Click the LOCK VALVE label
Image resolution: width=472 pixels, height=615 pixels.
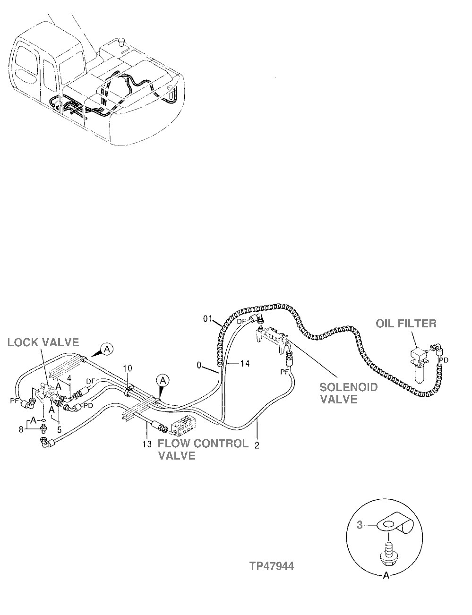coord(43,342)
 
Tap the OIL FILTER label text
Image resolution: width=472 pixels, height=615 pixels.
coord(406,324)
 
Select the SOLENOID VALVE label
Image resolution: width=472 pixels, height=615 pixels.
coord(349,393)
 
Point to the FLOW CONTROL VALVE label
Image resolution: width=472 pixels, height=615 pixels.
coord(202,449)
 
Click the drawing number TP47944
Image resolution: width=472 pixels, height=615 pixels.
coord(272,566)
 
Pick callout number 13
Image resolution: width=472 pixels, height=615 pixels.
coord(146,444)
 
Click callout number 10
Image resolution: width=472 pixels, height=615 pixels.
coord(128,367)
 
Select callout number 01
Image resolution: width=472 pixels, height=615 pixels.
coord(209,319)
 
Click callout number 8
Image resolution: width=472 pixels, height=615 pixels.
coord(20,429)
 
